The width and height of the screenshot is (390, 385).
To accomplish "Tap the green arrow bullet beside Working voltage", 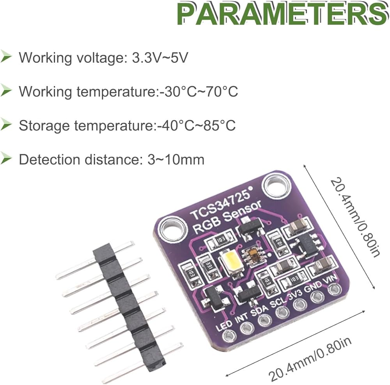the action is tap(7, 57).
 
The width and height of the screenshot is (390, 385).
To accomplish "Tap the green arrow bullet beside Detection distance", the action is tap(7, 159).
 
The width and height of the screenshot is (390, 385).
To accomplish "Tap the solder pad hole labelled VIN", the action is tap(333, 289).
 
